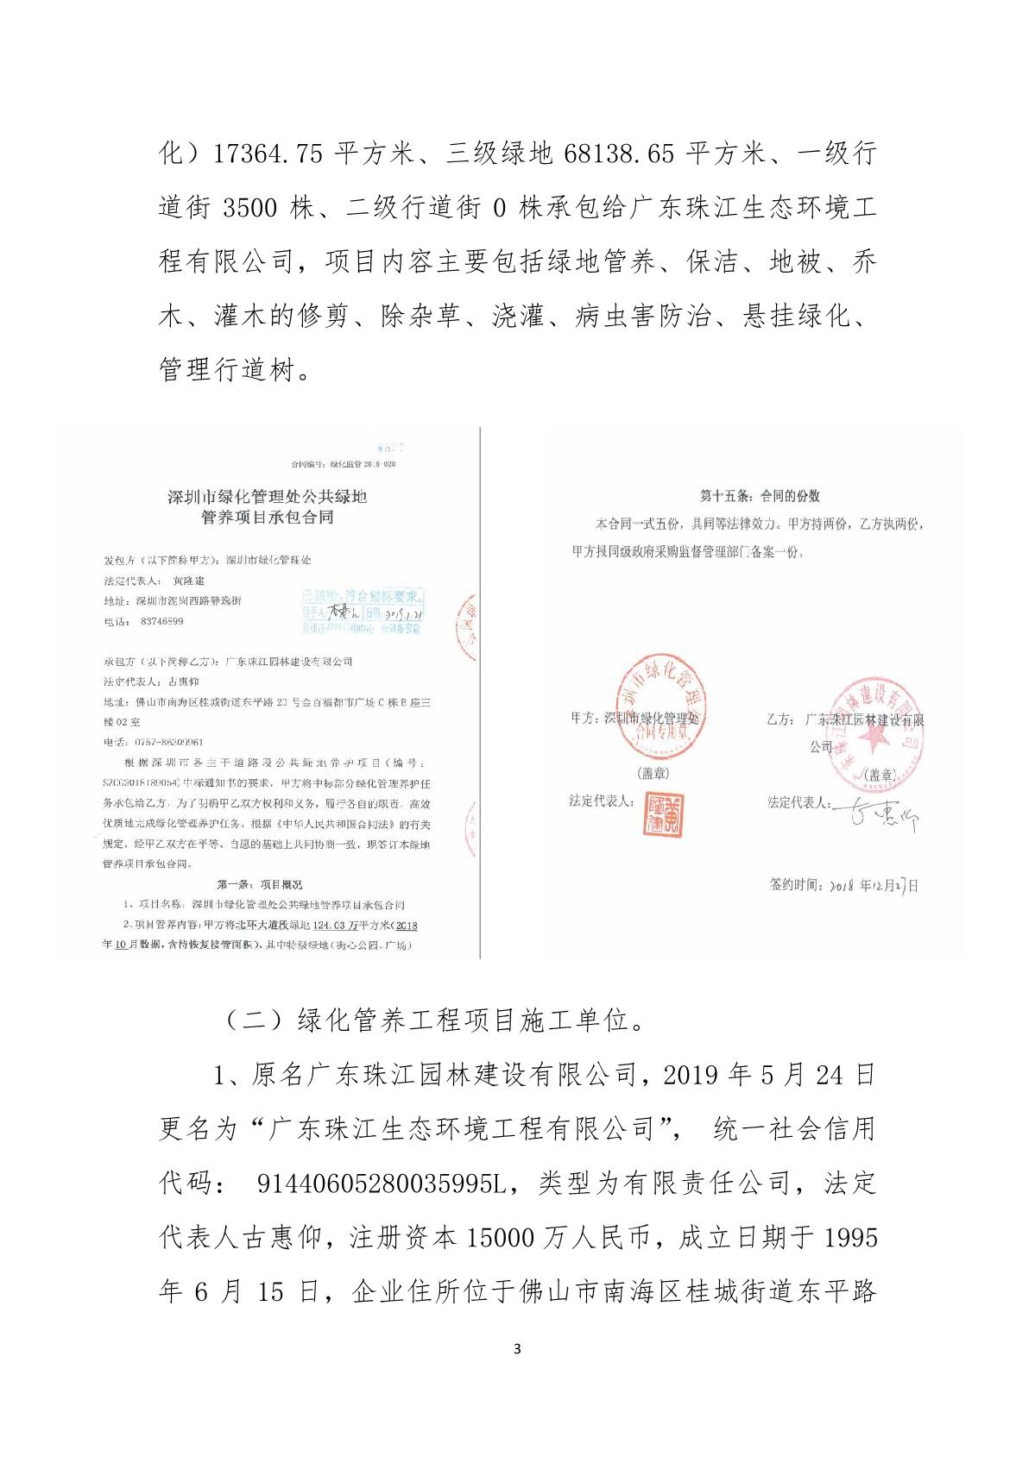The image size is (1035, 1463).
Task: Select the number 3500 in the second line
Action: pyautogui.click(x=250, y=208)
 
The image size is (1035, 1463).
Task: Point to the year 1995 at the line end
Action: pyautogui.click(x=850, y=1238)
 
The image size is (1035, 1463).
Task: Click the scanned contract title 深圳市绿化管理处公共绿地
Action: pyautogui.click(x=267, y=497)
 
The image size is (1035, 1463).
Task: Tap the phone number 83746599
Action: pyautogui.click(x=161, y=621)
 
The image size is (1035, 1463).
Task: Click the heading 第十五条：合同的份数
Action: pyautogui.click(x=760, y=496)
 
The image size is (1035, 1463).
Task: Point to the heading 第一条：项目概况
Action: pyautogui.click(x=259, y=885)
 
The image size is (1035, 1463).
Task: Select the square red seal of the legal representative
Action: pyautogui.click(x=663, y=813)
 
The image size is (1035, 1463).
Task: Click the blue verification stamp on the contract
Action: pyautogui.click(x=362, y=612)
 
